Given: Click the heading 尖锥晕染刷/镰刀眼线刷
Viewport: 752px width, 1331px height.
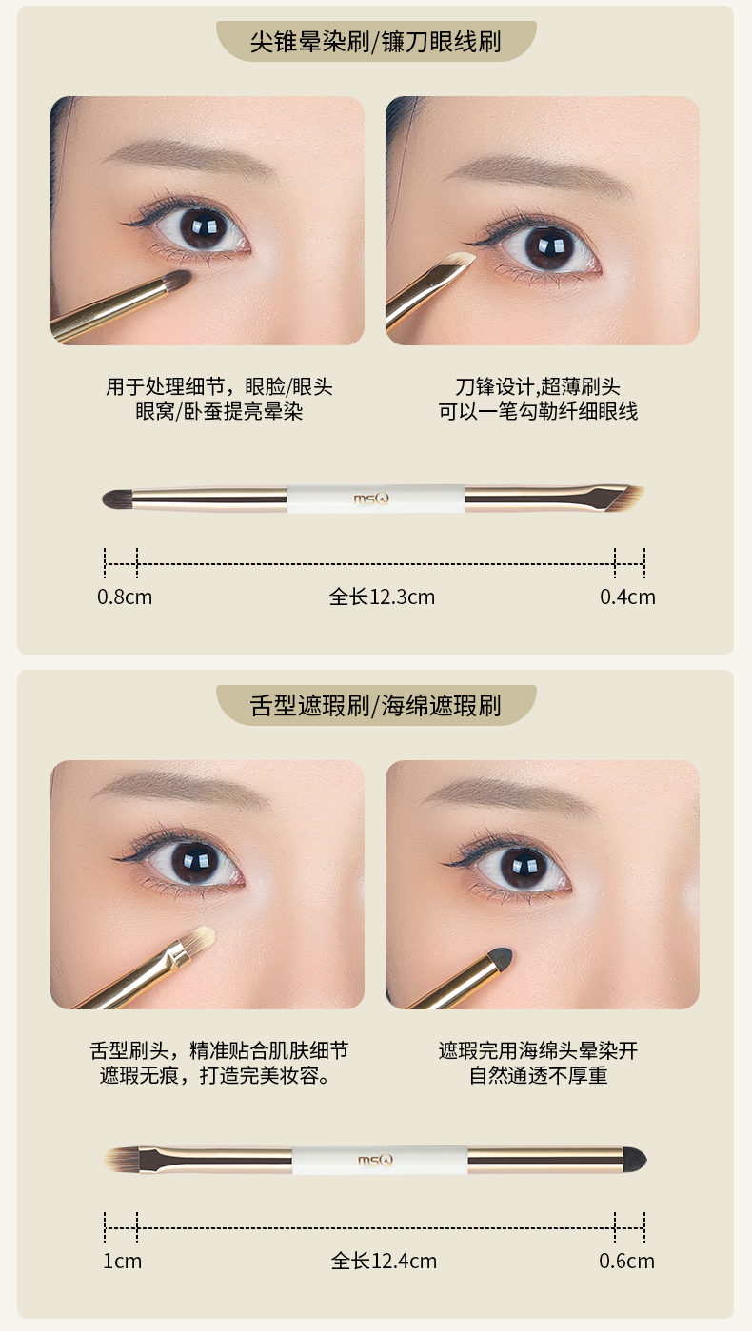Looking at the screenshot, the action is [x=375, y=42].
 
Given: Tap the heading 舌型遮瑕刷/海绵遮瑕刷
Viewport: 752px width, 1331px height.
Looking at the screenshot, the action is [x=375, y=705].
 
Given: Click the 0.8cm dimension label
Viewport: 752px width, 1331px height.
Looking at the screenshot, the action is [x=125, y=597].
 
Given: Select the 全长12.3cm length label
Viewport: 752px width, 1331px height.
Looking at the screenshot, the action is [x=383, y=597].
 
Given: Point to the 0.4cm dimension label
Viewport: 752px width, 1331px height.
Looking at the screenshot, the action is [x=627, y=597].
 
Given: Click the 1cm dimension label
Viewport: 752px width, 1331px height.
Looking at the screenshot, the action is [x=123, y=1261].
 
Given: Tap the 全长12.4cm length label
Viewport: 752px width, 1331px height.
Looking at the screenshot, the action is [x=384, y=1261].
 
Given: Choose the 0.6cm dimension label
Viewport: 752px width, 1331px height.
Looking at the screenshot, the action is [x=626, y=1261].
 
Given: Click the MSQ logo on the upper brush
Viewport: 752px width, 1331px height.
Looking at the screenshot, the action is [x=371, y=499].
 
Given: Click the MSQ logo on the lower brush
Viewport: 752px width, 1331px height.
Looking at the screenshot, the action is [x=375, y=1160].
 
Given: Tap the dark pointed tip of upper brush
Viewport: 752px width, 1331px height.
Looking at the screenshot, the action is [x=117, y=499].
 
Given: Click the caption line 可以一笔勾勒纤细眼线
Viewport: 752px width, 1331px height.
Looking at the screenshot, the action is [x=538, y=411].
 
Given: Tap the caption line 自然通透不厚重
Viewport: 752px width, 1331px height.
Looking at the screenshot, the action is [x=538, y=1075].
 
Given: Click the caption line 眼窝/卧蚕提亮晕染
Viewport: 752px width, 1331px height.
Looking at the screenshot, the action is [x=219, y=411].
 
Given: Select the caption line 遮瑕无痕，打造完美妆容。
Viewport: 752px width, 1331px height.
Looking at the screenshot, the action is [x=214, y=1075].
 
